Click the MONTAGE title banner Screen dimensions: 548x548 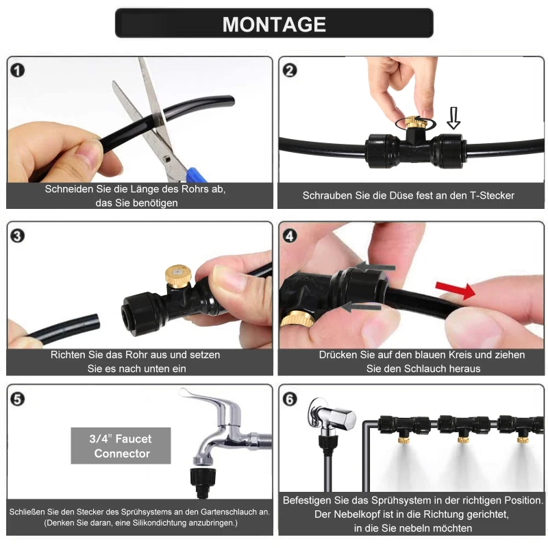click(x=274, y=23)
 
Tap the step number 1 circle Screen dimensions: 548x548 click(x=18, y=71)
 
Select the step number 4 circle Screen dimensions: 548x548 click(x=290, y=236)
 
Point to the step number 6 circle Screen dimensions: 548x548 click(x=290, y=399)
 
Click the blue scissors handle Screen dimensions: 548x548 click(x=196, y=175)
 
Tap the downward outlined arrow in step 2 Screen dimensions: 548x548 click(x=453, y=118)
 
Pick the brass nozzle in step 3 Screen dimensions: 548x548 click(x=178, y=276)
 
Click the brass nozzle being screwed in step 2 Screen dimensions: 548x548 click(x=415, y=123)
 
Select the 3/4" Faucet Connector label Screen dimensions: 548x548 click(x=121, y=446)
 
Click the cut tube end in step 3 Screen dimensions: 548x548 click(x=95, y=321)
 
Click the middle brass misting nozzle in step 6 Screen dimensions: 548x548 click(x=463, y=438)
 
